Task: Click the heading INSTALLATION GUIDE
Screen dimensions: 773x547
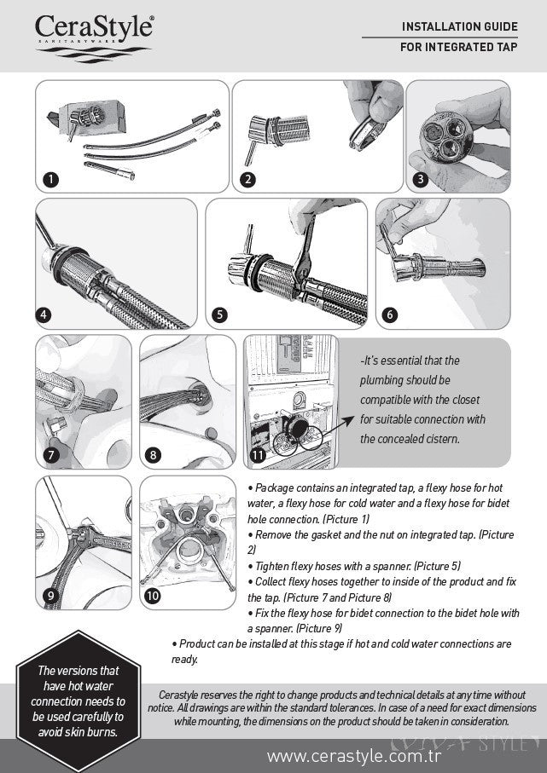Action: coord(459,27)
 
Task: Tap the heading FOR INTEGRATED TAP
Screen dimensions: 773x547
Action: coord(458,47)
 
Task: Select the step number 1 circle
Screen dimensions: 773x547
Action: coord(51,179)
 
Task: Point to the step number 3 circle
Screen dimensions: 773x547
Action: coord(420,179)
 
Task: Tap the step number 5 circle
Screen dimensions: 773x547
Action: coord(220,314)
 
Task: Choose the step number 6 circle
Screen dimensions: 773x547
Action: coord(390,314)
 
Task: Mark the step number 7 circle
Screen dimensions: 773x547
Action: coord(51,454)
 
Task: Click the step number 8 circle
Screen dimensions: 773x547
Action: coord(153,454)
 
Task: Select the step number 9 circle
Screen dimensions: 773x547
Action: coord(50,596)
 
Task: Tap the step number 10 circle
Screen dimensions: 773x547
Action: coord(153,596)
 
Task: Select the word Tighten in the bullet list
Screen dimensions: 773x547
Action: coord(272,565)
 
